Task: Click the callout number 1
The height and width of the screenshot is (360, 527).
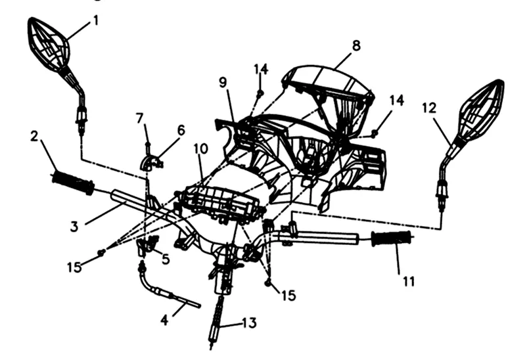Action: point(96,20)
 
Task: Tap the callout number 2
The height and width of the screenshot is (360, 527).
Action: point(34,137)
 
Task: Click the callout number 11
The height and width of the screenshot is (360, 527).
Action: point(409,282)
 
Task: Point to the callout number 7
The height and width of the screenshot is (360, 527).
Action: point(139,118)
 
